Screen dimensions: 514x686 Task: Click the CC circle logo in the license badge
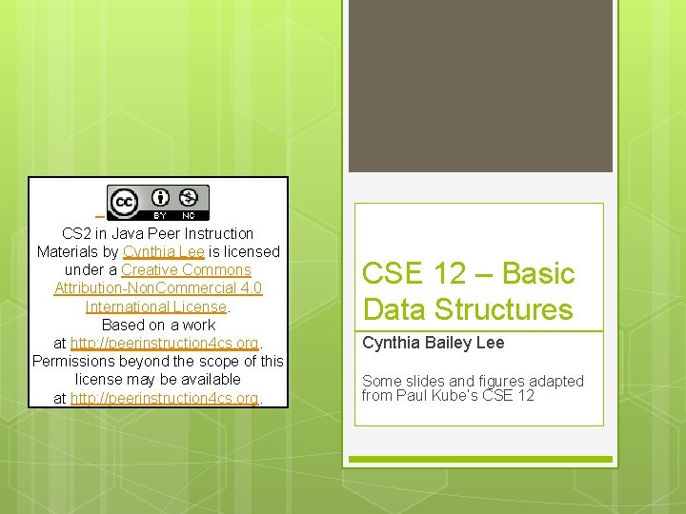coord(124,203)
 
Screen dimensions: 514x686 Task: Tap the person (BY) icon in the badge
coord(160,198)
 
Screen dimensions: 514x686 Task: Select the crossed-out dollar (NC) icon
coord(189,198)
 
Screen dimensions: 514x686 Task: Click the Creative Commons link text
coord(186,270)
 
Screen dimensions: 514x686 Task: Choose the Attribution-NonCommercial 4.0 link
coord(158,288)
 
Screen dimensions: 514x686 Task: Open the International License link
coord(156,306)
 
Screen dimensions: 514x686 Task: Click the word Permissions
coord(75,362)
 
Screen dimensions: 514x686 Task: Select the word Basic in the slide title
coord(538,274)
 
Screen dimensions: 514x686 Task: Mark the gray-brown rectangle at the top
coord(480,86)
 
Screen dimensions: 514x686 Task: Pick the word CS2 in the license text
coord(78,234)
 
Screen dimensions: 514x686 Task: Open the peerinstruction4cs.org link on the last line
coord(165,398)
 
